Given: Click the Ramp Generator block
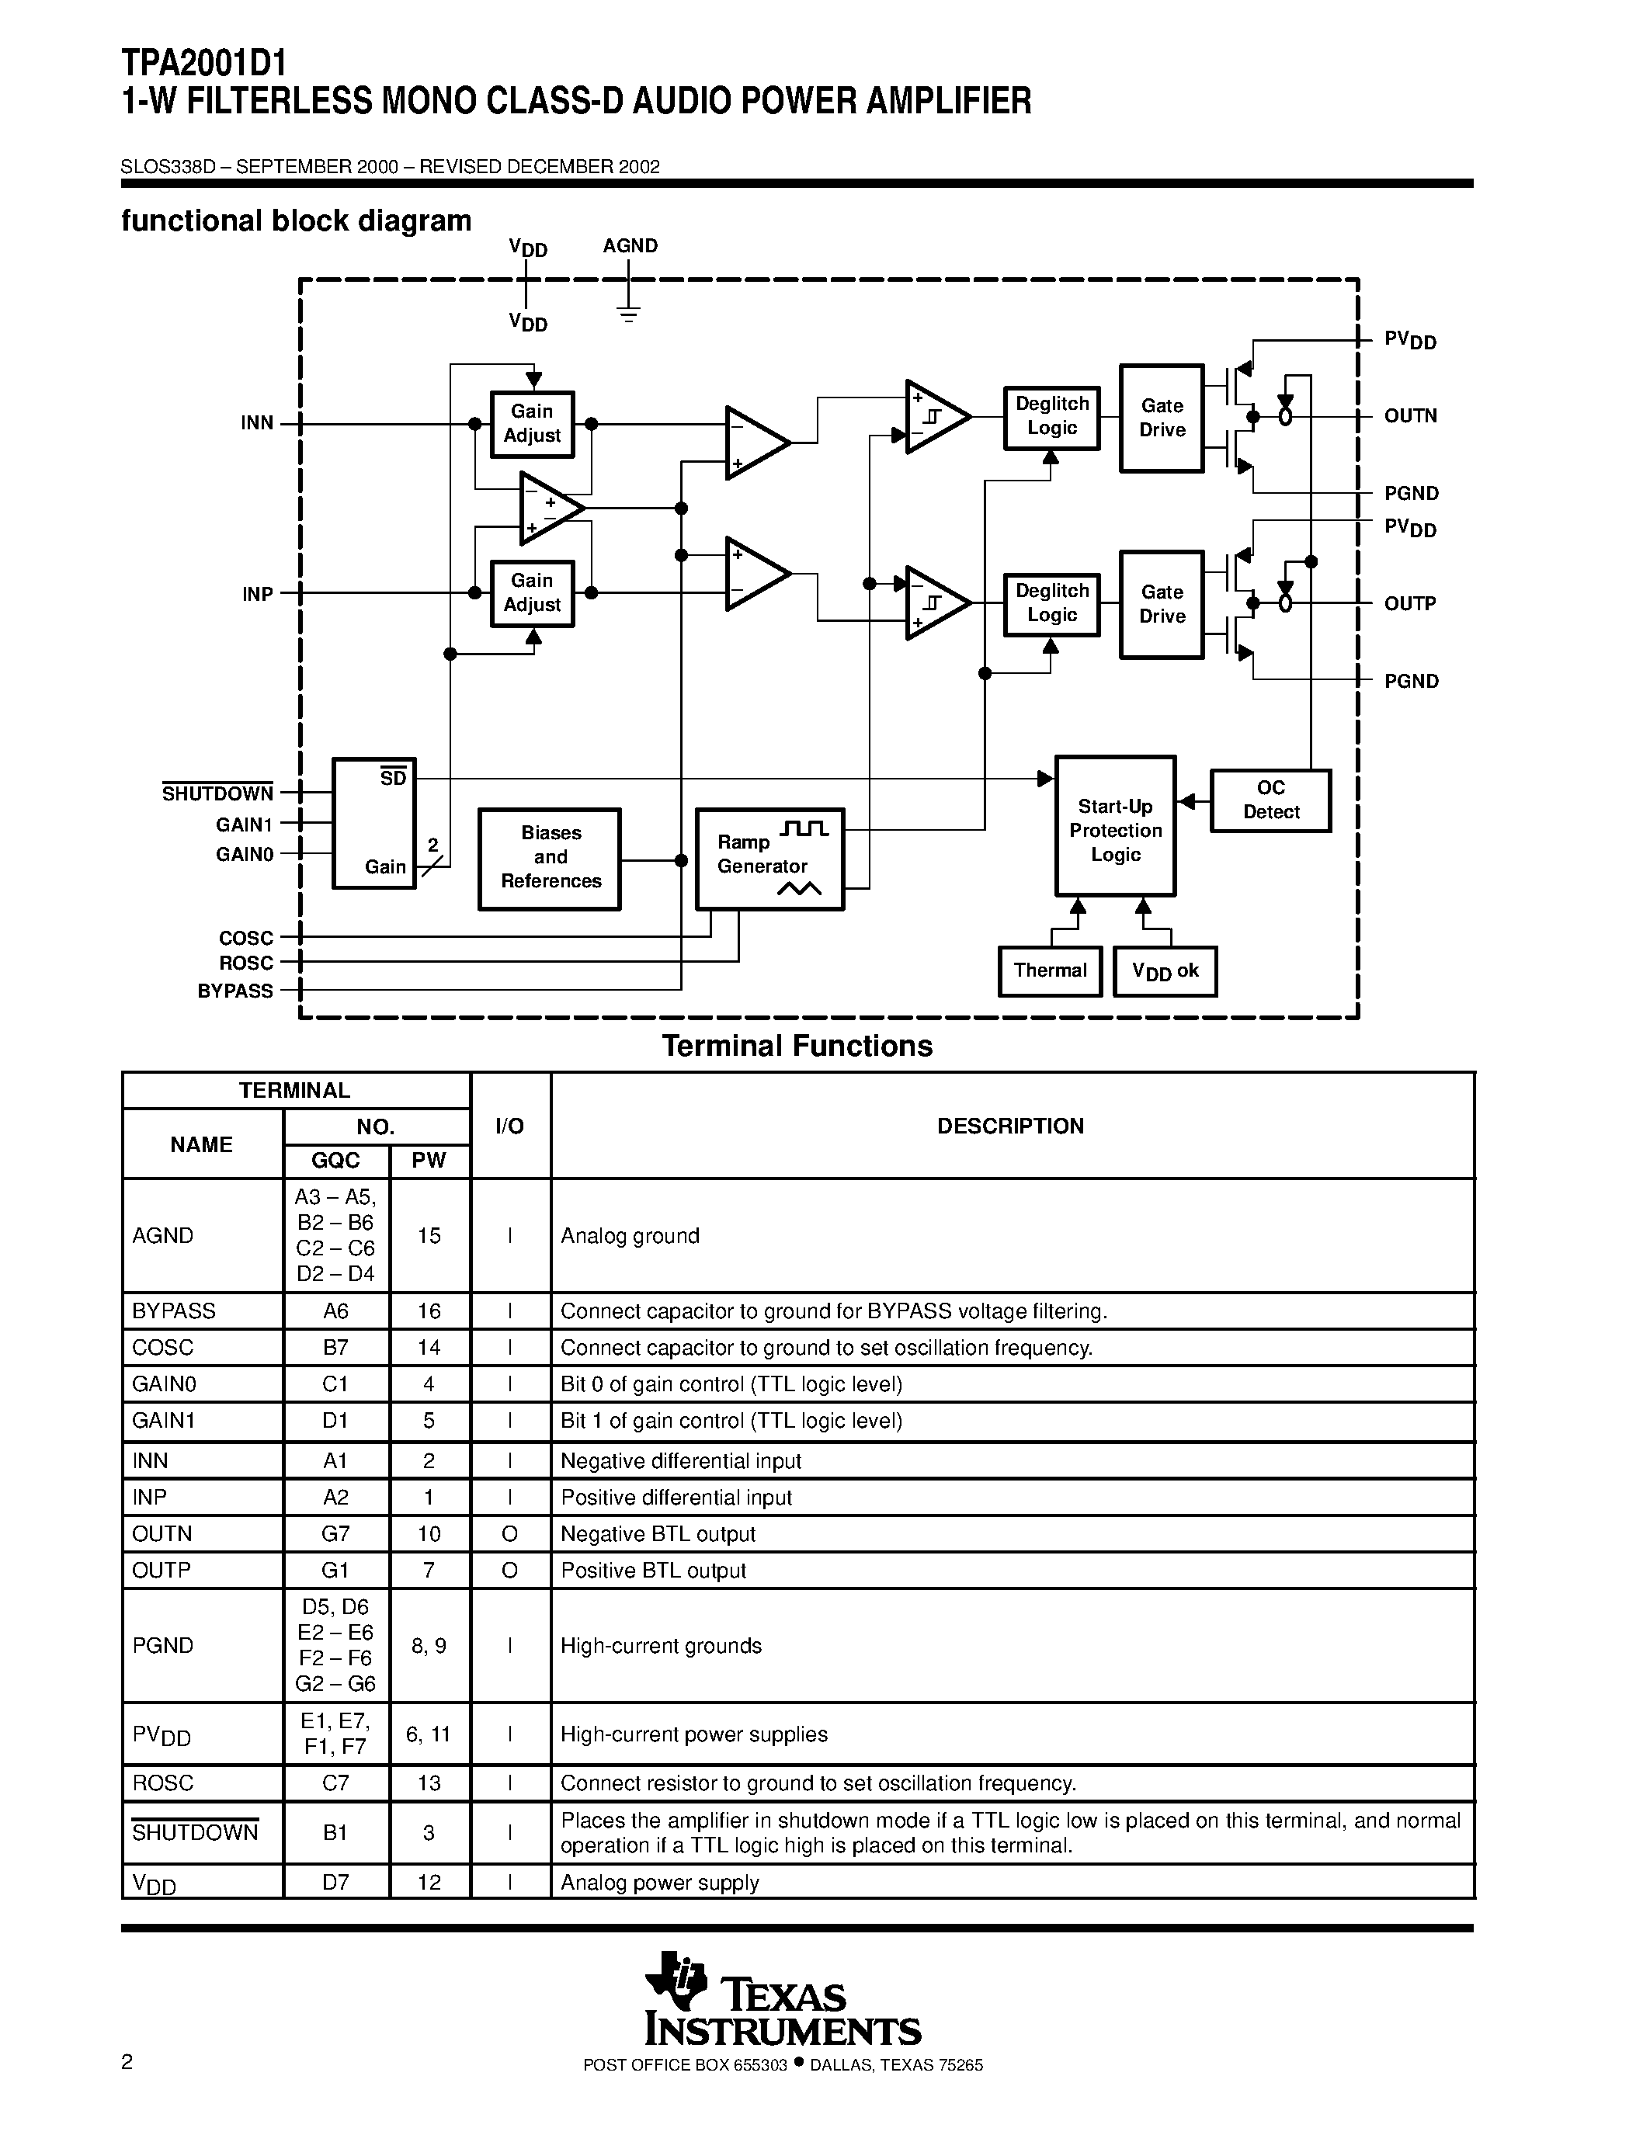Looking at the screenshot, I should (x=769, y=859).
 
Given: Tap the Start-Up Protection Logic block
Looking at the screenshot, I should (x=1115, y=826).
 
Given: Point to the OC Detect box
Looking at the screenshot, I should (x=1271, y=800).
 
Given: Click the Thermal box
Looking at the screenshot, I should (x=1050, y=970).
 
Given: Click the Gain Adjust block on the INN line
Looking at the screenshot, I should (x=532, y=424).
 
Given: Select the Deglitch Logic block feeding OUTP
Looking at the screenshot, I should (x=1052, y=604).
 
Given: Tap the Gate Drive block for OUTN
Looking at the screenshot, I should (x=1162, y=418).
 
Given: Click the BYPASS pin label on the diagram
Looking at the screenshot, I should (x=235, y=991).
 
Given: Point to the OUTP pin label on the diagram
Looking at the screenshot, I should (x=1409, y=604).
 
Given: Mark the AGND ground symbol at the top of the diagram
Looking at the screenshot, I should (x=628, y=314).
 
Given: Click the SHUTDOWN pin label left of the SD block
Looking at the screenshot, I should (x=218, y=793).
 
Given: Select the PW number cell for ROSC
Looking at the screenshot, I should (x=429, y=1783).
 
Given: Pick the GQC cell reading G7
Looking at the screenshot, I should (x=335, y=1534).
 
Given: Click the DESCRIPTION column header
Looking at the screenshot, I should (x=1011, y=1127).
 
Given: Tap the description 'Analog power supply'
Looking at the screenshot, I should (x=660, y=1883).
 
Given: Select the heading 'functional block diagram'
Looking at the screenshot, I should (x=296, y=221).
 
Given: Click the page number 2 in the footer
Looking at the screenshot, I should (x=127, y=2063).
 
